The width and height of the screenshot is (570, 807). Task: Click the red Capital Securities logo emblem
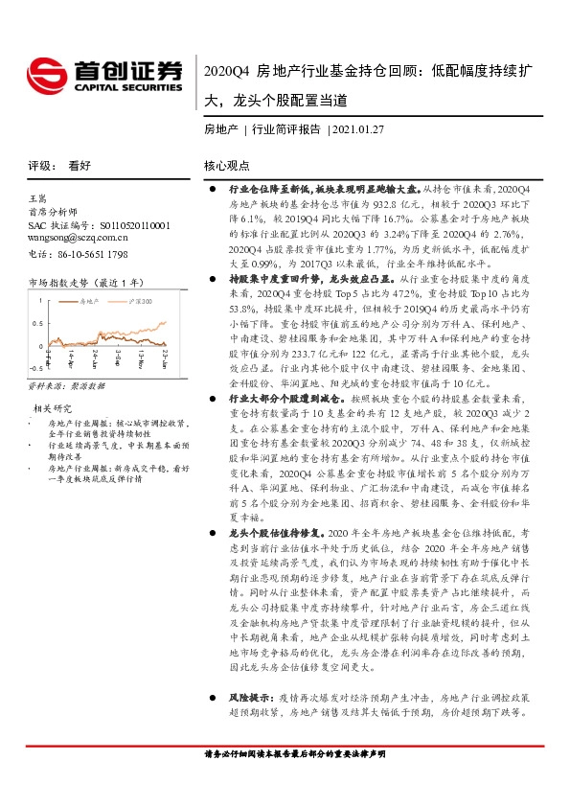44,75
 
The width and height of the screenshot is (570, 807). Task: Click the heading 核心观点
225,164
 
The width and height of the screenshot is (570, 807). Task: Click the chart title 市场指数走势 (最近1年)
85,283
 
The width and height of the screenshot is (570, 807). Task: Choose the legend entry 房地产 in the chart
92,301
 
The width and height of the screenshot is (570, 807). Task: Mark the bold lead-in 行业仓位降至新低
264,192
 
